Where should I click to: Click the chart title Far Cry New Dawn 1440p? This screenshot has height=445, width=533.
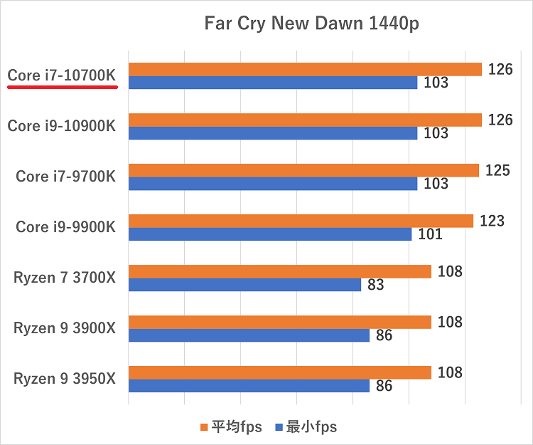pos(311,23)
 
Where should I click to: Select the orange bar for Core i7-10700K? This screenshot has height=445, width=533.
pos(305,69)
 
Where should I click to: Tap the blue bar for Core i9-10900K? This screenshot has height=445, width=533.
pos(272,133)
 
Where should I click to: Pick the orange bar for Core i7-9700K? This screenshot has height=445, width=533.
pos(303,170)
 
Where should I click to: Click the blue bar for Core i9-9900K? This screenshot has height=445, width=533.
pos(269,234)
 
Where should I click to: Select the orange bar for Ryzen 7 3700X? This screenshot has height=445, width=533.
pos(279,271)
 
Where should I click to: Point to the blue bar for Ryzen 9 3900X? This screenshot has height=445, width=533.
pos(249,335)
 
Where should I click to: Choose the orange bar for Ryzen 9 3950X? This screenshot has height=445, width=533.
pos(279,372)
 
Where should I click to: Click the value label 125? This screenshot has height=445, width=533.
pos(497,170)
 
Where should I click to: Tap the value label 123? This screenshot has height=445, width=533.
pos(492,221)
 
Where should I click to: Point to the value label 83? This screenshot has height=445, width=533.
pos(376,285)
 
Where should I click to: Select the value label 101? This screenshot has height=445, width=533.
pos(430,234)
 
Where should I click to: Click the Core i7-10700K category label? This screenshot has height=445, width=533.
pos(62,75)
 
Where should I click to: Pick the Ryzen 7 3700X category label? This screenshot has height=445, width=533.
pos(64,278)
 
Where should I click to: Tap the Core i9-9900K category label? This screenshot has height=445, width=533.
pos(65,226)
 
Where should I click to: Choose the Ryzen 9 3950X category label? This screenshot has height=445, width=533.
pos(64,379)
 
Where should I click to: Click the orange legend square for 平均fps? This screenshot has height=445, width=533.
pos(204,427)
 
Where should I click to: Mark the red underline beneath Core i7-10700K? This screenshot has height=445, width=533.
pos(62,87)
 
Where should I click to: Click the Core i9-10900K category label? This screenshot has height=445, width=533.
pos(62,126)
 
